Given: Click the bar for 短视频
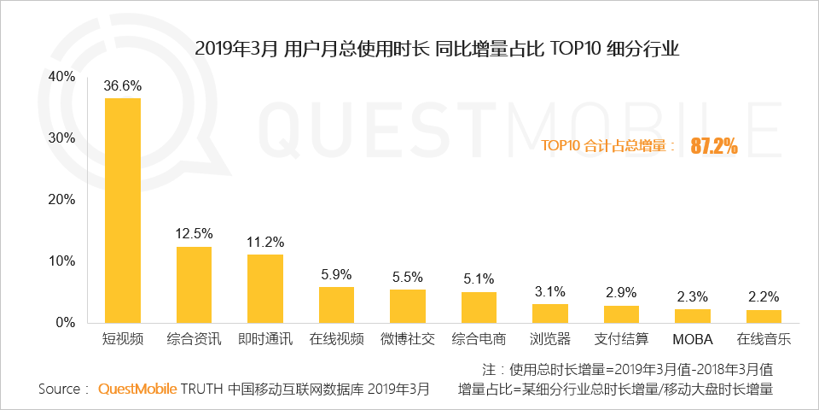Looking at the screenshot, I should pos(123,210).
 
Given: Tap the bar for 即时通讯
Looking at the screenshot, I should pos(265,288).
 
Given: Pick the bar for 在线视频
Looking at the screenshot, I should pos(336,304).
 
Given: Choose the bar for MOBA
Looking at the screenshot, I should pos(693,315).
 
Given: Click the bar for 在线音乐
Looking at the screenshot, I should pos(764,316).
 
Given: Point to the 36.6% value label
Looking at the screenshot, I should pos(123,86).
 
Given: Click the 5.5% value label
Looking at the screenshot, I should pos(408,278).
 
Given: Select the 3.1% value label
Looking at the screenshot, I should pos(550,292).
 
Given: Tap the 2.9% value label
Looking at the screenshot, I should pos(621,294).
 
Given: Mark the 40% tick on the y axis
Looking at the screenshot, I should pos(62,77).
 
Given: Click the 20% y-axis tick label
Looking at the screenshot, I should pos(62,200).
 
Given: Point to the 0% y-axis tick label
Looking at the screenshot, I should pos(66,323).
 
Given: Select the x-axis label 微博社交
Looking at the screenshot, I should pos(408,339).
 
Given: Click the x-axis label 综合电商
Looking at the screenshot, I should pos(479,339).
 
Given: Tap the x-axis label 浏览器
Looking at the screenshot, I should pos(550,339).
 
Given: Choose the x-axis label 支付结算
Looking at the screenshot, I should pos(621,339).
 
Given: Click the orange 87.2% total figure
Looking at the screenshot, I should pos(714,146).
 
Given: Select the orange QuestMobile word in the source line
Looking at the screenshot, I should pos(137,389).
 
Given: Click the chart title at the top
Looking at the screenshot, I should pos(437,48).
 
